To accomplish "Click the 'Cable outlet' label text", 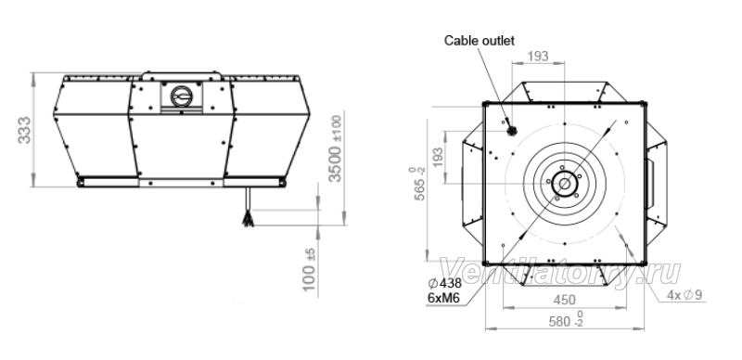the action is [479, 41].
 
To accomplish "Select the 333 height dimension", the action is [24, 130].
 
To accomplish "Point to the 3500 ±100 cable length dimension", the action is [335, 148].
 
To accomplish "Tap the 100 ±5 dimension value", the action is [309, 269].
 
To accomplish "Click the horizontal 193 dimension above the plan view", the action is [538, 57].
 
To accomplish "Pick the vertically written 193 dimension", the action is [438, 157].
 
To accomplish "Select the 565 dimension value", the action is [419, 184].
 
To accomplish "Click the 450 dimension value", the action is [565, 300].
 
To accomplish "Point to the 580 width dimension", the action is [566, 321].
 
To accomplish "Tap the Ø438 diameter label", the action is [444, 284].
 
